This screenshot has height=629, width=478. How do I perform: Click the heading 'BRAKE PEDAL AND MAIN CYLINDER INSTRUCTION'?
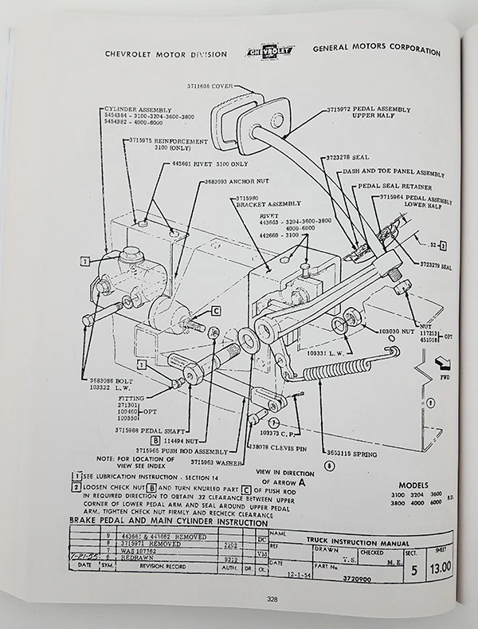[169, 519]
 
